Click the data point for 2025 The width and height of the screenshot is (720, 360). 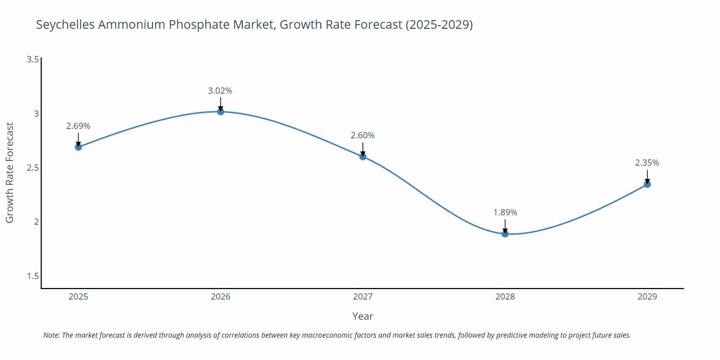click(x=78, y=147)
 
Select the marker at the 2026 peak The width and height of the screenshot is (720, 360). click(x=220, y=112)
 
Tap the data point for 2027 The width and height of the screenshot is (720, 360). click(x=363, y=156)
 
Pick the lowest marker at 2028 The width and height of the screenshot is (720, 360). click(x=505, y=234)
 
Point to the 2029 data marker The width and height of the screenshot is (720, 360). click(x=647, y=184)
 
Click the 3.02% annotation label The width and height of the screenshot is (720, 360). click(x=220, y=91)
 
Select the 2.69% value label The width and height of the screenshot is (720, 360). click(x=78, y=126)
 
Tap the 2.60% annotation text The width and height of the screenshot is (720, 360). click(x=363, y=135)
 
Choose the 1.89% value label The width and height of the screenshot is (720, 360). click(x=505, y=212)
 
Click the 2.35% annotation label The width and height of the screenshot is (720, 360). click(x=647, y=163)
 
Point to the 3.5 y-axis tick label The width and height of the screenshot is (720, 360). click(x=33, y=59)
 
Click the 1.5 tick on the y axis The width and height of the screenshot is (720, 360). click(x=33, y=276)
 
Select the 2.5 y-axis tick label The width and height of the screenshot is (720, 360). click(x=33, y=168)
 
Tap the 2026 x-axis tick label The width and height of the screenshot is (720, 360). click(x=220, y=297)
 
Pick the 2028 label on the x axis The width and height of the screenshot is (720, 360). click(x=505, y=297)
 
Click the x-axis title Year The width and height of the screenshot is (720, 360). click(x=363, y=316)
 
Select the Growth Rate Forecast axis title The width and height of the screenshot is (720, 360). click(x=10, y=172)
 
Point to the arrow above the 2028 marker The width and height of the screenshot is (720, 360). click(x=505, y=225)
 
